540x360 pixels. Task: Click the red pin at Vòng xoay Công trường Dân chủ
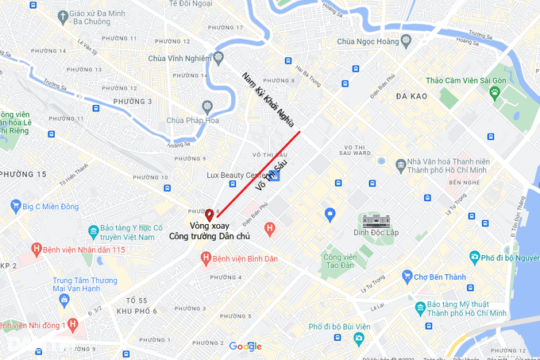click(210, 215)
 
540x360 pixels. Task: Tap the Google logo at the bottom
click(245, 346)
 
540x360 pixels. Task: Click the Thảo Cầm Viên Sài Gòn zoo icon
click(494, 92)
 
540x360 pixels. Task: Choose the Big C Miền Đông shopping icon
click(15, 207)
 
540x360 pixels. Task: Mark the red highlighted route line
click(259, 172)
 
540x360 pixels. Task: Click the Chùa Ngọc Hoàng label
click(366, 41)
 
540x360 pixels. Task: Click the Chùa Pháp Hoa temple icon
click(207, 106)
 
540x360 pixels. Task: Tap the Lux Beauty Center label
click(237, 175)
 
